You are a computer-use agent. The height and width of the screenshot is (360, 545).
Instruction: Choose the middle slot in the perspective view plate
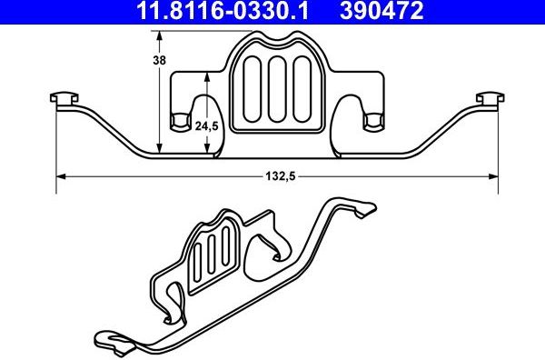click(211, 257)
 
